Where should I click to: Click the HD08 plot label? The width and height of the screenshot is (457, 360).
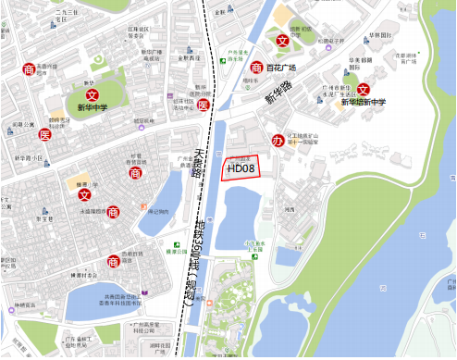pyautogui.click(x=241, y=168)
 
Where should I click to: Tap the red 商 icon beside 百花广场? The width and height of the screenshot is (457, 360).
pyautogui.click(x=256, y=67)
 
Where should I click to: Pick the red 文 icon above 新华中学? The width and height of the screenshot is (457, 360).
pyautogui.click(x=91, y=94)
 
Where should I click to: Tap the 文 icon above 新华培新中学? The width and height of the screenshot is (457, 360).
pyautogui.click(x=363, y=89)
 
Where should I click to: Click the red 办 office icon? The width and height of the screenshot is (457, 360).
pyautogui.click(x=278, y=141)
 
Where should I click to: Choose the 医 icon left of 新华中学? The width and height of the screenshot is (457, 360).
pyautogui.click(x=44, y=135)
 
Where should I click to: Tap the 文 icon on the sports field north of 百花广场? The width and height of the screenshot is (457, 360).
pyautogui.click(x=282, y=40)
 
